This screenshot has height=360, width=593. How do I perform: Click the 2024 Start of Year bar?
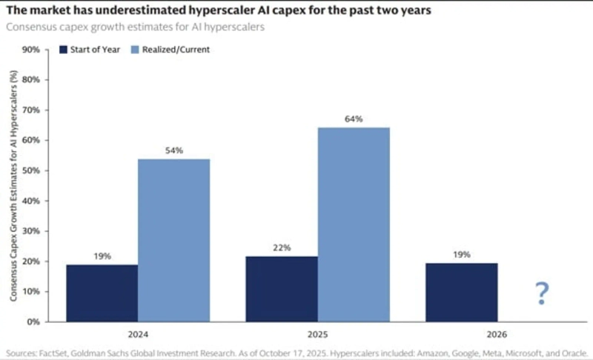[x=102, y=293]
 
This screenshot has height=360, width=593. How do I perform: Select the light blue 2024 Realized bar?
[x=174, y=241]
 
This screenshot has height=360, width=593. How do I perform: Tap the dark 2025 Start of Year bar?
[x=282, y=289]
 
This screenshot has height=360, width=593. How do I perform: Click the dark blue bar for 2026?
[x=461, y=293]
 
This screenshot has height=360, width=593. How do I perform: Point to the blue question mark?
[x=542, y=294]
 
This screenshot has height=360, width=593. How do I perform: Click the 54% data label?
[x=174, y=150]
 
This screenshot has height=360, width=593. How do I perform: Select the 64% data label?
[x=354, y=119]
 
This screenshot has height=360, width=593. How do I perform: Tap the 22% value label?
[x=282, y=247]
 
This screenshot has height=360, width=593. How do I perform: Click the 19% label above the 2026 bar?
[x=461, y=254]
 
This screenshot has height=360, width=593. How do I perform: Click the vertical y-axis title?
[x=13, y=185]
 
